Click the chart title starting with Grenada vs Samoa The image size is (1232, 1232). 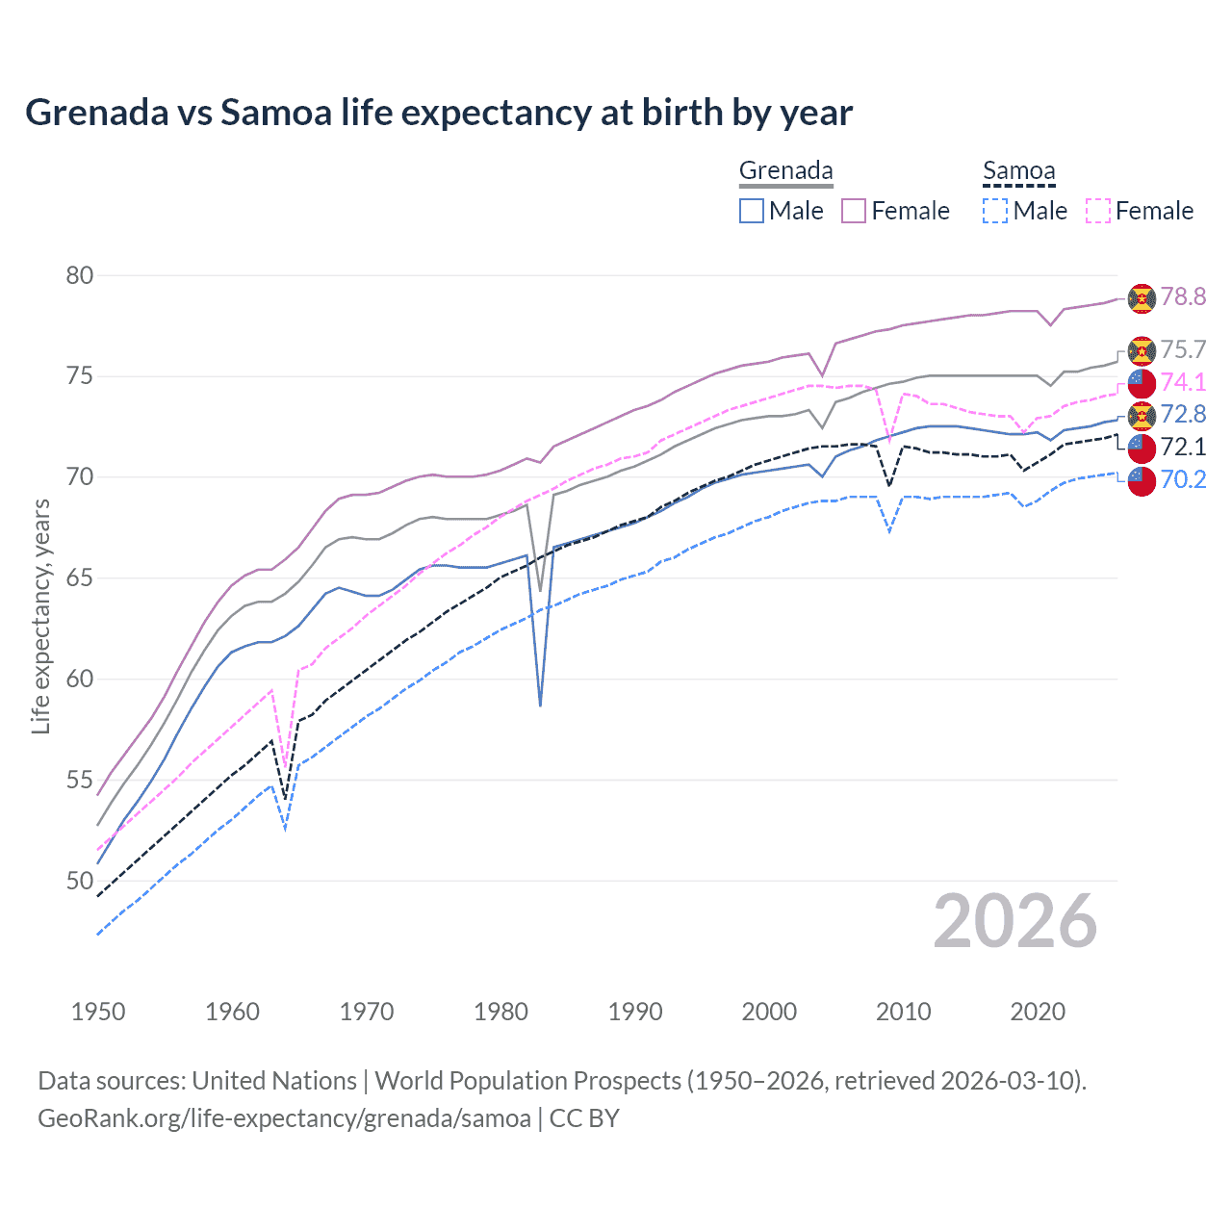pyautogui.click(x=438, y=113)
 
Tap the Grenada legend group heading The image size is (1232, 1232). pyautogui.click(x=785, y=170)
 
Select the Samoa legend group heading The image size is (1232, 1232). pyautogui.click(x=1018, y=170)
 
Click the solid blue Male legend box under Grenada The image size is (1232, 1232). pyautogui.click(x=752, y=211)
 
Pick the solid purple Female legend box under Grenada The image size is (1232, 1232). pyautogui.click(x=854, y=211)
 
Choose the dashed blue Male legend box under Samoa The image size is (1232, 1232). pyautogui.click(x=995, y=211)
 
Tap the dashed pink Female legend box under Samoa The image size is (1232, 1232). pyautogui.click(x=1098, y=211)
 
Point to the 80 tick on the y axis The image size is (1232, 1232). pyautogui.click(x=80, y=275)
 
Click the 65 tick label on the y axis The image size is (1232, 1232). pyautogui.click(x=80, y=577)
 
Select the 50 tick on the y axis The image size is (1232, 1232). pyautogui.click(x=80, y=881)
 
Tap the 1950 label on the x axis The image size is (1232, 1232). pyautogui.click(x=98, y=1012)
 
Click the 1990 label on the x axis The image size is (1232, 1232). pyautogui.click(x=635, y=1012)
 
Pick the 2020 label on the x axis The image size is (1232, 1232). pyautogui.click(x=1038, y=1012)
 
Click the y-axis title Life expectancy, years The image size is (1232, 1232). pyautogui.click(x=40, y=616)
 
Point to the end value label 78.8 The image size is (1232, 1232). pyautogui.click(x=1183, y=296)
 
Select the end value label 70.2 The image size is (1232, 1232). pyautogui.click(x=1183, y=479)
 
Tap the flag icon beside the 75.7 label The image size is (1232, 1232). pyautogui.click(x=1142, y=350)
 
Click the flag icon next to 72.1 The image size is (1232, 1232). pyautogui.click(x=1142, y=448)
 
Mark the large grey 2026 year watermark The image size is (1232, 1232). pyautogui.click(x=1015, y=921)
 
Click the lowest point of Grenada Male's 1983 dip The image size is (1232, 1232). pyautogui.click(x=541, y=706)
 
